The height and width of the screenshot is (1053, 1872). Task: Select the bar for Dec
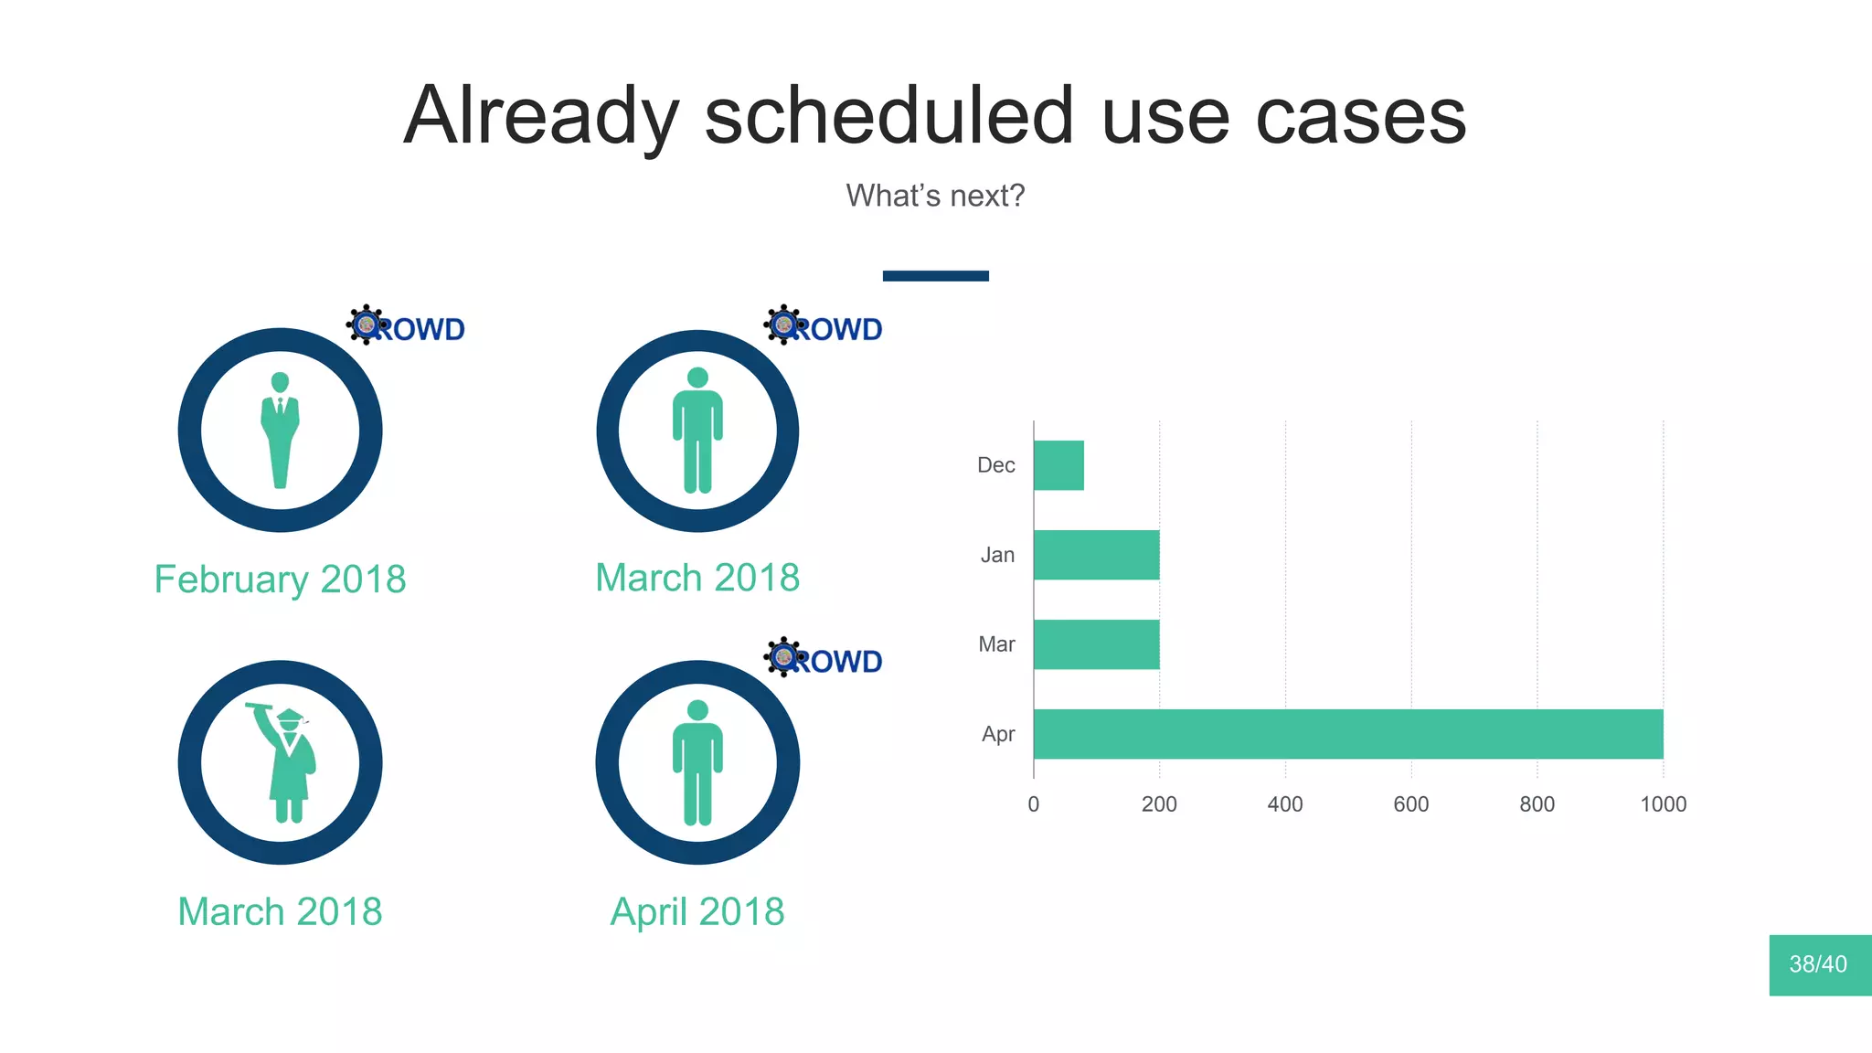click(x=1058, y=465)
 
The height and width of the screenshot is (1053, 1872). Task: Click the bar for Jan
click(x=1096, y=555)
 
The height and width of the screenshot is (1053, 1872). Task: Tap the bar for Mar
click(x=1096, y=644)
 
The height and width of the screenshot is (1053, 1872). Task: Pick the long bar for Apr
click(x=1347, y=734)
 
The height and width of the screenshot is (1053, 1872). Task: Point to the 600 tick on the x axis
click(x=1410, y=804)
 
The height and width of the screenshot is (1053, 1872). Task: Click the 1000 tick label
click(x=1663, y=804)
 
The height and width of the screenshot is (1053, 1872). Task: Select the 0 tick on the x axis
click(x=1033, y=804)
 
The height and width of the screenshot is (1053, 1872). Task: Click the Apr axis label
click(x=998, y=734)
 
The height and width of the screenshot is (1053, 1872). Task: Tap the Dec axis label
click(x=995, y=465)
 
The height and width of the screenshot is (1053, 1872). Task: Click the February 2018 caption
click(x=280, y=580)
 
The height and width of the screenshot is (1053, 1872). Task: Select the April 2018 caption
click(x=697, y=912)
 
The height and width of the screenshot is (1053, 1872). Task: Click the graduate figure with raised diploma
click(x=285, y=763)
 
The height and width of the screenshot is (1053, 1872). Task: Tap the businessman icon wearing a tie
click(x=280, y=430)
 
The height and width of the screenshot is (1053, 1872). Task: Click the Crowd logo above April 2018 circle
click(x=824, y=658)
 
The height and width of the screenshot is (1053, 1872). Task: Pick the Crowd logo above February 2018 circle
click(x=406, y=326)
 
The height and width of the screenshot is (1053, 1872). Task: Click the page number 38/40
click(x=1818, y=964)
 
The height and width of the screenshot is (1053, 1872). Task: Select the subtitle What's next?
click(x=935, y=196)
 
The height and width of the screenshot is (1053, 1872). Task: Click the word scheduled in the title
click(x=888, y=116)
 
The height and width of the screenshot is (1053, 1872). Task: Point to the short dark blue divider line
click(x=935, y=276)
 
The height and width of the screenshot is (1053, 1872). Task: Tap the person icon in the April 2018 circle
click(x=697, y=763)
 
